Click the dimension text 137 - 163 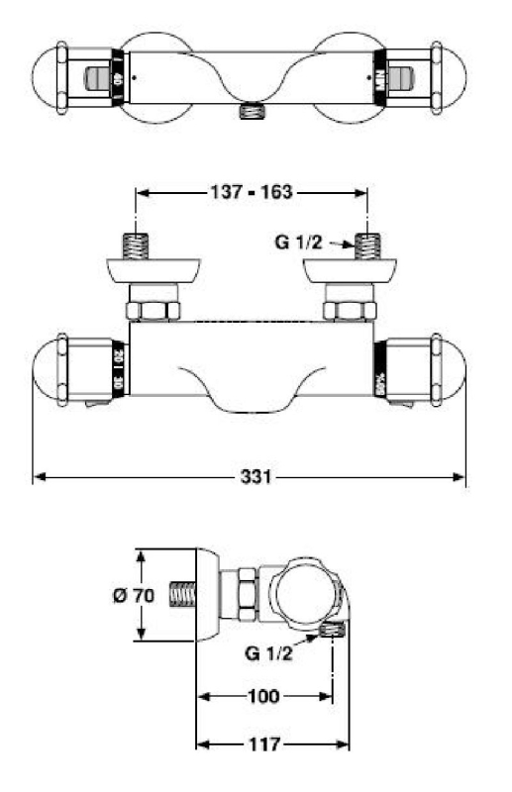point(252,192)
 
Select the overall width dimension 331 point(252,477)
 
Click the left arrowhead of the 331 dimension point(40,477)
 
